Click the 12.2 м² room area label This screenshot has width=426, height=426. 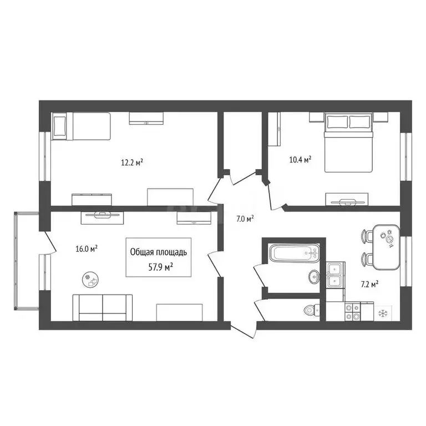click(x=133, y=163)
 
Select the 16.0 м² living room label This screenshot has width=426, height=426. click(x=87, y=249)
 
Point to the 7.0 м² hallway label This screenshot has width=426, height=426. click(x=245, y=219)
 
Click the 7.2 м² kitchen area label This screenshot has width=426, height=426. click(x=369, y=284)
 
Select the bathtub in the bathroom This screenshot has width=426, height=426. click(x=295, y=255)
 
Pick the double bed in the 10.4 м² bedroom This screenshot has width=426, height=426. click(x=349, y=143)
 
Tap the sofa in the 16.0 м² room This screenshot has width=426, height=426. click(x=103, y=307)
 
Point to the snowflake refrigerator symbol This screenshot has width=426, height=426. click(x=383, y=313)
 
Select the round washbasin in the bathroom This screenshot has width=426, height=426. click(x=313, y=276)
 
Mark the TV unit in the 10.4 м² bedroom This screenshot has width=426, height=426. click(x=347, y=200)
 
